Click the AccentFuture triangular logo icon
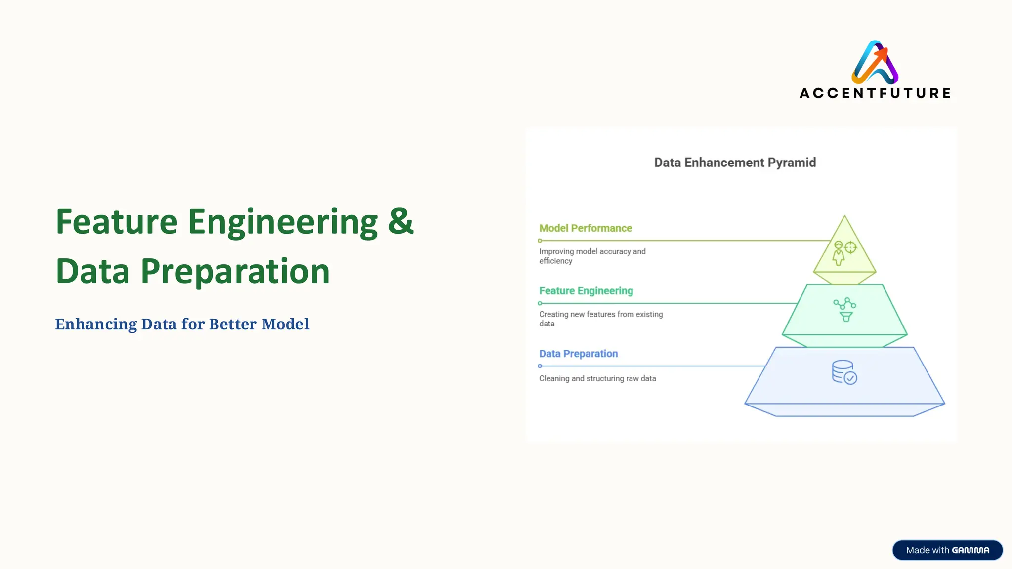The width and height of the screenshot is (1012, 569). (x=875, y=62)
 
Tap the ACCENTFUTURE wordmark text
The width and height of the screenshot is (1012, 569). (x=875, y=93)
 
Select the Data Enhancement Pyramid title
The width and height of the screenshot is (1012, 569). (x=735, y=163)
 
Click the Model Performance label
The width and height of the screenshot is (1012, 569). (x=586, y=228)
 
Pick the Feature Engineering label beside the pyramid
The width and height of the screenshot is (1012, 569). (x=586, y=291)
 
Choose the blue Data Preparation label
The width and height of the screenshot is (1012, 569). (x=578, y=354)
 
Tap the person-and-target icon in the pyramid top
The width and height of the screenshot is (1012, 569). (x=844, y=252)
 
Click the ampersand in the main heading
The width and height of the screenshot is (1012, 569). (x=400, y=221)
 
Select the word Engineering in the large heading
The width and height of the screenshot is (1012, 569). (x=283, y=222)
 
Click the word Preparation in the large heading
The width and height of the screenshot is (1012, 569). (x=235, y=271)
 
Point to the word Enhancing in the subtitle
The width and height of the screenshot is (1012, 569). (x=96, y=324)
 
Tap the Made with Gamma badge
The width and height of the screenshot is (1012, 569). (x=947, y=550)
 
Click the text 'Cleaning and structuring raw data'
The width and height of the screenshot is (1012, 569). (x=597, y=378)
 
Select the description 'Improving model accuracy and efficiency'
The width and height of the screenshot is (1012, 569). (x=592, y=256)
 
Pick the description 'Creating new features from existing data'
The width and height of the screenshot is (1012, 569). (x=601, y=319)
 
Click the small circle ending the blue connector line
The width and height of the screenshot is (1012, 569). (x=540, y=366)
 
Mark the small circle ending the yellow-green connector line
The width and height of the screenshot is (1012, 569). (x=540, y=241)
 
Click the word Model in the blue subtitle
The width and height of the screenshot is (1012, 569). (x=285, y=324)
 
